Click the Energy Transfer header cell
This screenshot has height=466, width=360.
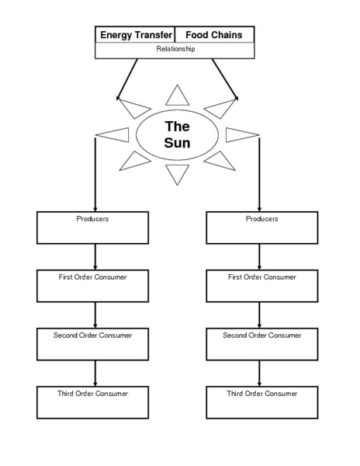coord(135,35)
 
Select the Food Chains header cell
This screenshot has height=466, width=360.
coord(214,35)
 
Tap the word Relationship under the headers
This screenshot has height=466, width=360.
coord(175,50)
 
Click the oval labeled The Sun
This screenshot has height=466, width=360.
coord(178,134)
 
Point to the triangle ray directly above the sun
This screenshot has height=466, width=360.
coord(178,96)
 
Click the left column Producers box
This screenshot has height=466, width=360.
coord(93,228)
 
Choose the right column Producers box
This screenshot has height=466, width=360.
coord(261,228)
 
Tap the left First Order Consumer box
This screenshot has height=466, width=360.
coord(93,285)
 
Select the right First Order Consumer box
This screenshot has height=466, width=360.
coord(261,285)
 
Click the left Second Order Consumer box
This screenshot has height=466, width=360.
coord(93,343)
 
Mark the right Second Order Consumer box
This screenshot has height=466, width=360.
coord(261,343)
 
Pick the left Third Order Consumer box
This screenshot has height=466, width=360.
coord(93,402)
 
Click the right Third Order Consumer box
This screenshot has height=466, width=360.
coord(261,402)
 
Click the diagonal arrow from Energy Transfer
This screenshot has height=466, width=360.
coord(127,78)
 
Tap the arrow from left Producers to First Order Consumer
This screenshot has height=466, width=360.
coord(95,256)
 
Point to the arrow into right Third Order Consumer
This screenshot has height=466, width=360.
coord(260,373)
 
